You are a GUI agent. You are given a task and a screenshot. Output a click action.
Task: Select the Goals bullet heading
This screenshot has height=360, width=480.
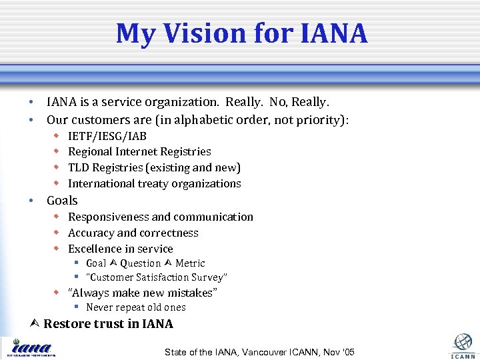pos(62,201)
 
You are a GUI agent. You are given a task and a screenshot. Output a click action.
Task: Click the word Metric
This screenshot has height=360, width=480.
pos(190,263)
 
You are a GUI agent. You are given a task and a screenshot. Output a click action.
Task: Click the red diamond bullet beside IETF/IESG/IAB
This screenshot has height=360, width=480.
pos(57,136)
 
